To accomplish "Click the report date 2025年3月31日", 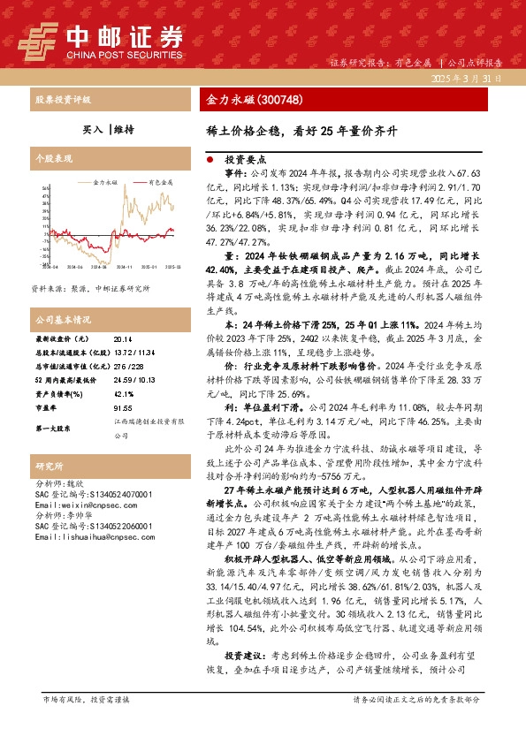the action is point(465,79).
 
